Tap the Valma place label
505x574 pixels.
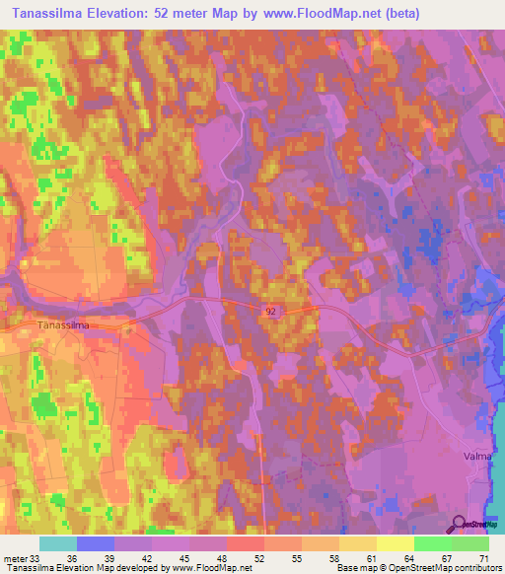(476, 457)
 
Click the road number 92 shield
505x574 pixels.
(270, 310)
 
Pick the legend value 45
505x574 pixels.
(171, 557)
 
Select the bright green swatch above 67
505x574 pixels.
(433, 543)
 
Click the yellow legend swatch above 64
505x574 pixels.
(396, 543)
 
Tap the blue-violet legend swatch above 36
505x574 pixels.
(95, 543)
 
